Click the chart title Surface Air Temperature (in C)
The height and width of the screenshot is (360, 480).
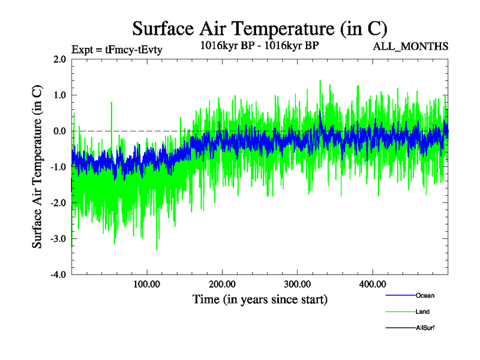tap(259, 28)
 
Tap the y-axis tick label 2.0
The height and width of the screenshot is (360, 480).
tap(59, 59)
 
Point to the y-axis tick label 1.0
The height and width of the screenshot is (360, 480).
tap(59, 95)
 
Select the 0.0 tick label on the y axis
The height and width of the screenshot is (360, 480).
tap(59, 131)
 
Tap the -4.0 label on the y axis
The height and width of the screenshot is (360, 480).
tap(58, 275)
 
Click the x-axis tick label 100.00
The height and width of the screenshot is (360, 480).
tap(146, 284)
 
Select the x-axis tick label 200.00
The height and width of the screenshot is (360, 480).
tap(222, 284)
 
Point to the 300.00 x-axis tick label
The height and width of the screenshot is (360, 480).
tap(297, 284)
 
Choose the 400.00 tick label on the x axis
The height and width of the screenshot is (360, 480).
tap(373, 284)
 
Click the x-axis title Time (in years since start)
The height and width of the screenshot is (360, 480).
tap(260, 299)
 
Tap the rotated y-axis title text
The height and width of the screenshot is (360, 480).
tap(37, 167)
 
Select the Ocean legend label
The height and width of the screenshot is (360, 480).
tap(425, 295)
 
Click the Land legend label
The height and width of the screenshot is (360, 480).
tap(422, 311)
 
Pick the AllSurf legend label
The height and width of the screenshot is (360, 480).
tap(425, 328)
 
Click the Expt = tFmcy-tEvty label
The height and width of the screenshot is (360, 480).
tap(117, 50)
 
